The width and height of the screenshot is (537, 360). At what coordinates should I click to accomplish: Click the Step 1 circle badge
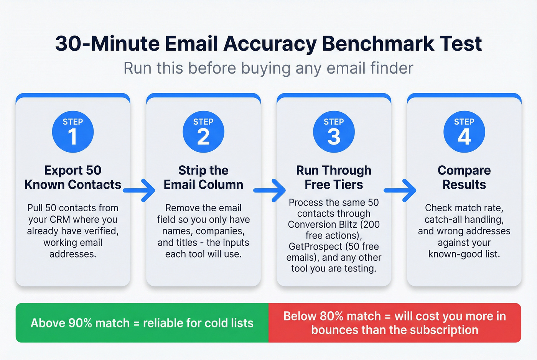(73, 132)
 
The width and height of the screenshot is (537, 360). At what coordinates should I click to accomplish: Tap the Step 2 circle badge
(203, 132)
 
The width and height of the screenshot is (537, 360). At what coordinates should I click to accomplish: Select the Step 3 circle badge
(334, 132)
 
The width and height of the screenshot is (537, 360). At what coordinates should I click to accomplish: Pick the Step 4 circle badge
(464, 132)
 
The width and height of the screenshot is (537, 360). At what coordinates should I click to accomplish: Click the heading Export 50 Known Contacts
(73, 178)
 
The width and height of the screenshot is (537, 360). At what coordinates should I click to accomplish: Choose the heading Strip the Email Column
(203, 178)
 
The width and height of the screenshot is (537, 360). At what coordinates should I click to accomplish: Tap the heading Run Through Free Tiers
(334, 178)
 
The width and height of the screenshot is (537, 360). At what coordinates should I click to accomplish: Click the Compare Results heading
(464, 178)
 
